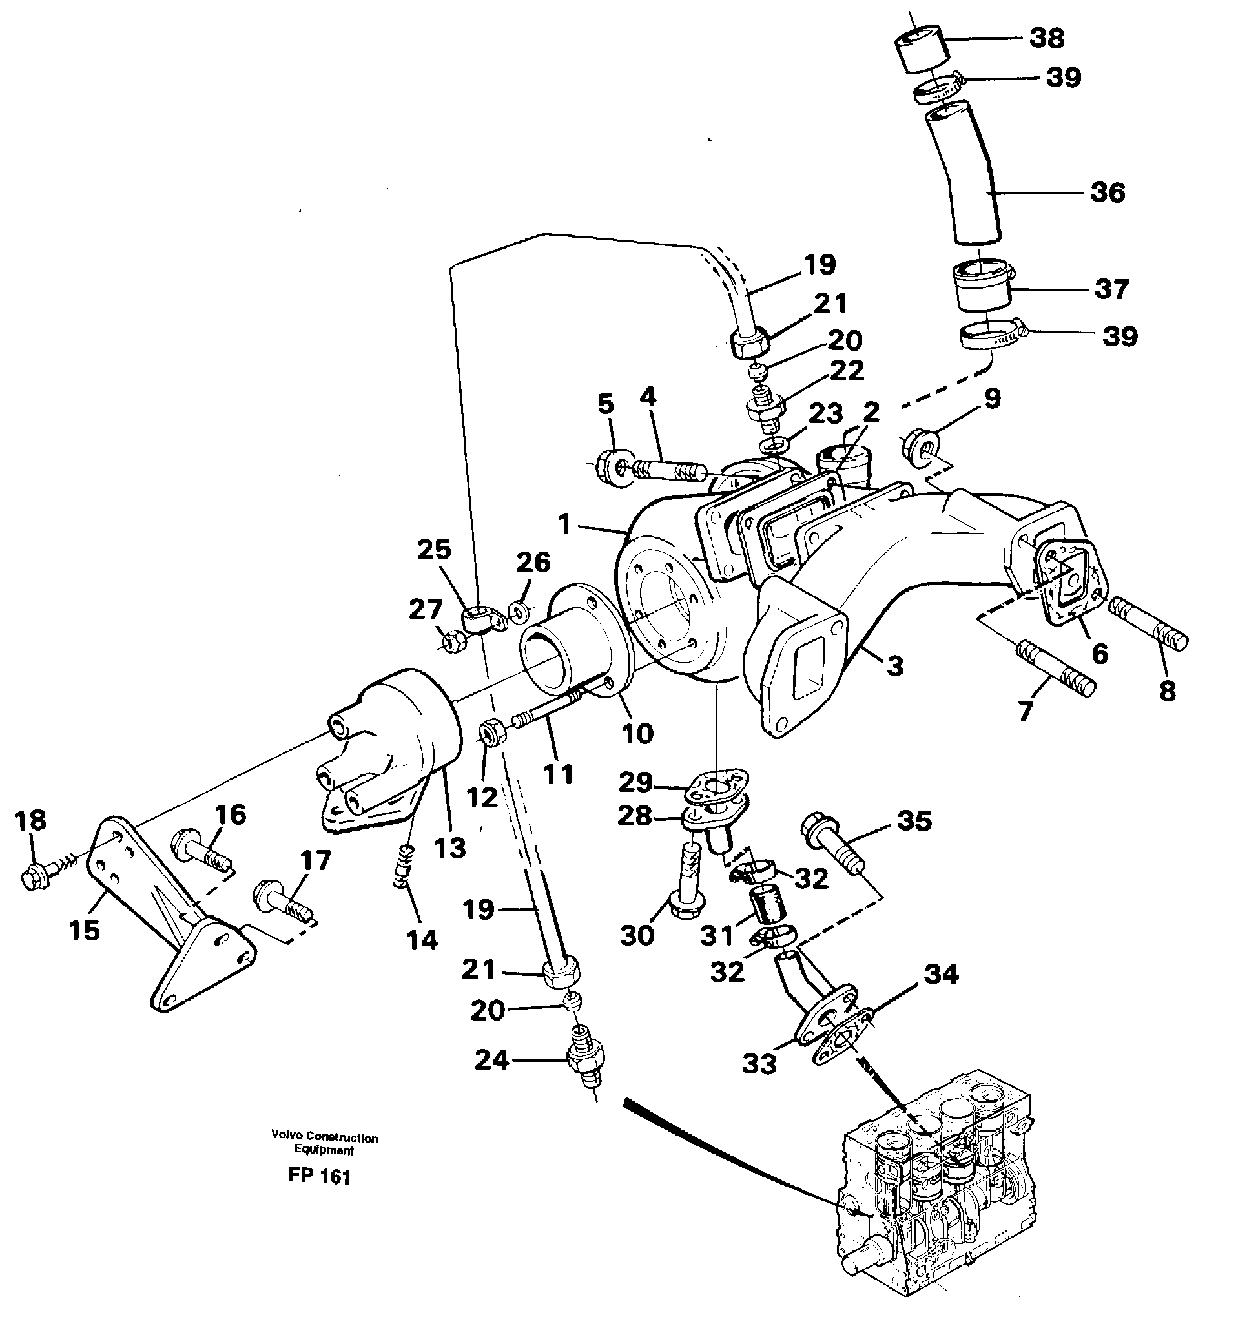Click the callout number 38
click(x=1047, y=38)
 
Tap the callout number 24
click(x=491, y=1060)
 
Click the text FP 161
click(x=319, y=1176)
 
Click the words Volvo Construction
click(x=325, y=1138)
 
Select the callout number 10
click(x=636, y=734)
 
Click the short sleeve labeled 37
click(x=981, y=287)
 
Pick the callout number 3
click(x=894, y=666)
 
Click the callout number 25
click(x=434, y=550)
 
